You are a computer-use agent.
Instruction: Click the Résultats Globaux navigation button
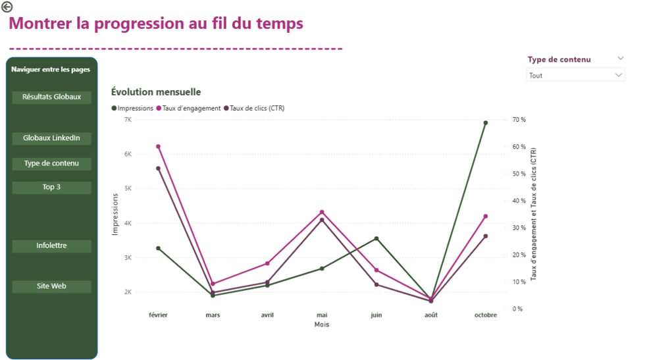51,97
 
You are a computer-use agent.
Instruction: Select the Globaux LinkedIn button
51,138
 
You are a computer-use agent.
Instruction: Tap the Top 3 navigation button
51,188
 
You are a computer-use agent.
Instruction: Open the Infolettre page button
51,245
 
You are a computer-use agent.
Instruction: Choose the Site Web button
51,286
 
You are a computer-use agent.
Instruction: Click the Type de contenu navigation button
51,163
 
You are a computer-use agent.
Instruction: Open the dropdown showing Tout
575,76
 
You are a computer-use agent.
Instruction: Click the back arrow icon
7,7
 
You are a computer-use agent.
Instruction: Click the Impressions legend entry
132,108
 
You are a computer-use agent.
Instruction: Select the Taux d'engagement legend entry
188,108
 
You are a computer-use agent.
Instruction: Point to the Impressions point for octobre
486,122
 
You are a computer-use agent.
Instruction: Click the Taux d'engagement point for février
159,146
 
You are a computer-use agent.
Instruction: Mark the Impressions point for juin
376,238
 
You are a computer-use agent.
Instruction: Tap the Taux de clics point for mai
322,220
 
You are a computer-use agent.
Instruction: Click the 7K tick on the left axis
127,120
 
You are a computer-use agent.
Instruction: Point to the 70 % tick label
519,120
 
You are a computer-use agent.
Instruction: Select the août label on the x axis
431,315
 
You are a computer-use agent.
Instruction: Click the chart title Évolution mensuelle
156,92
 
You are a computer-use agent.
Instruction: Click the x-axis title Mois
322,324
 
